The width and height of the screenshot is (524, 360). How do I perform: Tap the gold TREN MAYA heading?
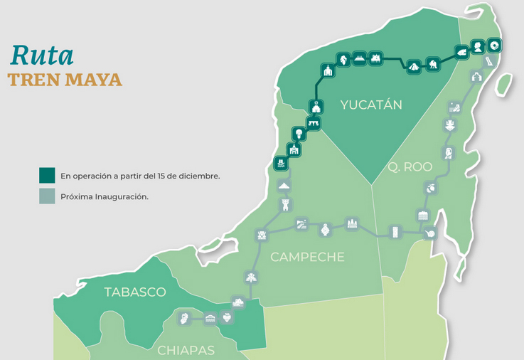click(65, 80)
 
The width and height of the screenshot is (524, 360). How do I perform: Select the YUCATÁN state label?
click(370, 105)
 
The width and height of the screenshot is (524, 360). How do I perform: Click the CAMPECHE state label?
click(307, 257)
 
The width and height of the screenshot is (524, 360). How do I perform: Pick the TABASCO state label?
click(134, 292)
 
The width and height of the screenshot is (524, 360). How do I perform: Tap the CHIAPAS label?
click(186, 350)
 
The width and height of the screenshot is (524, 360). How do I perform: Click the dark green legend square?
click(47, 176)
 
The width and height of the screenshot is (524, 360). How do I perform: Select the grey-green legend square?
click(47, 196)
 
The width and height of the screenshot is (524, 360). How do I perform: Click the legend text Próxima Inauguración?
click(105, 197)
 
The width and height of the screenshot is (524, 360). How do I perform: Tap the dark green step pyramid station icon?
click(412, 66)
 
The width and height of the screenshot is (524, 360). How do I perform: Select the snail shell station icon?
click(429, 234)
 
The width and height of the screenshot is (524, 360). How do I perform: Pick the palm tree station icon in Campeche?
click(250, 277)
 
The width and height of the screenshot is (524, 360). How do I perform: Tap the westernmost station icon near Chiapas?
click(184, 317)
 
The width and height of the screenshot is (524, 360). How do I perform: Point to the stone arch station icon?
click(314, 125)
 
